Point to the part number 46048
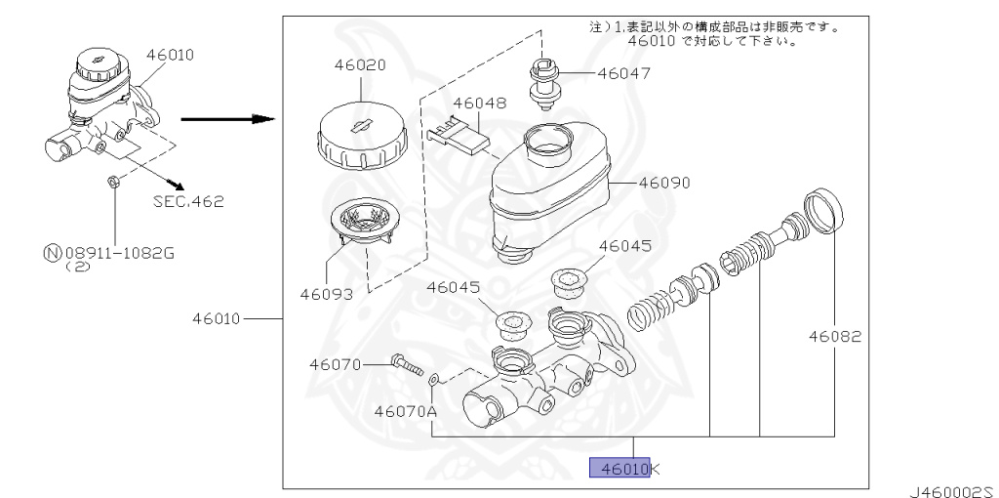(478, 102)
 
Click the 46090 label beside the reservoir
(664, 183)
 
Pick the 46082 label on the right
(834, 337)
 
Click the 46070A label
(404, 411)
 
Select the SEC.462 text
(188, 202)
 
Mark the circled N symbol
(51, 254)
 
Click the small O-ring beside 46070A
(436, 378)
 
